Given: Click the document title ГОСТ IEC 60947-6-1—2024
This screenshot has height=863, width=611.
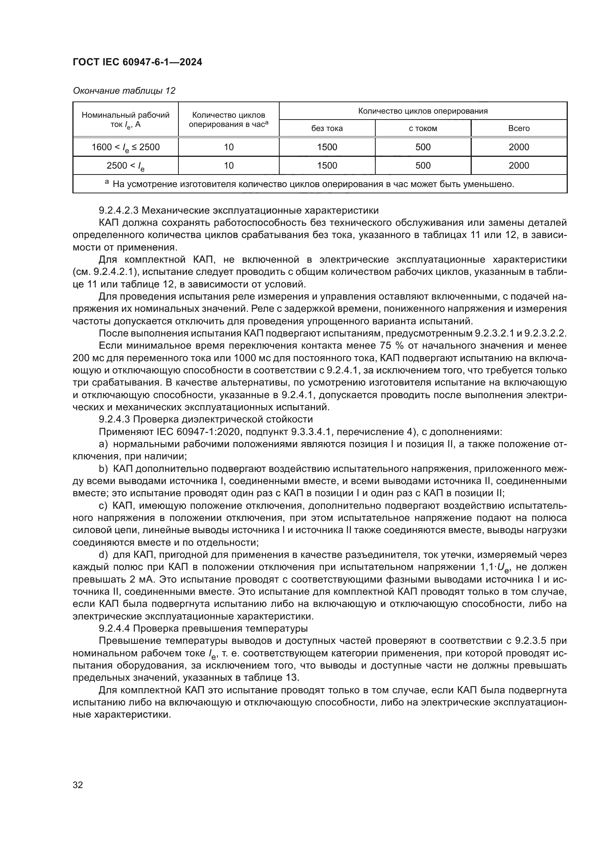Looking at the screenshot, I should (137, 62).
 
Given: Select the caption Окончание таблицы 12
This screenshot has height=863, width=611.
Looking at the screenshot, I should (124, 91).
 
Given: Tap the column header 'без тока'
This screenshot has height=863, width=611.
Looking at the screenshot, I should (327, 128).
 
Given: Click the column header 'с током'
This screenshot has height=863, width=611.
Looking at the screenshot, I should (423, 128).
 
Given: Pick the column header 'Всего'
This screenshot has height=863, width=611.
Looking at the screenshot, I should (519, 128).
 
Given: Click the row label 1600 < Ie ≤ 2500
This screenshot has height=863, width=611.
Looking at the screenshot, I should (125, 147).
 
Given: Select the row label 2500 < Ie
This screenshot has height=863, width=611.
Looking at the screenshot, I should (125, 165).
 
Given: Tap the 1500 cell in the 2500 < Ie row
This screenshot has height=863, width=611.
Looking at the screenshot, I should (327, 165).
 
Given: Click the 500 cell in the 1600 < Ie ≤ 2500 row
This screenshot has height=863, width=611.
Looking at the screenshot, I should (423, 147).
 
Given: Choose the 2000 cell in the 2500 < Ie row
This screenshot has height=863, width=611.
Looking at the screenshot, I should (519, 165).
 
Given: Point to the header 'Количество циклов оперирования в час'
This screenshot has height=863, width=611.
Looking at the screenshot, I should (228, 120).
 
